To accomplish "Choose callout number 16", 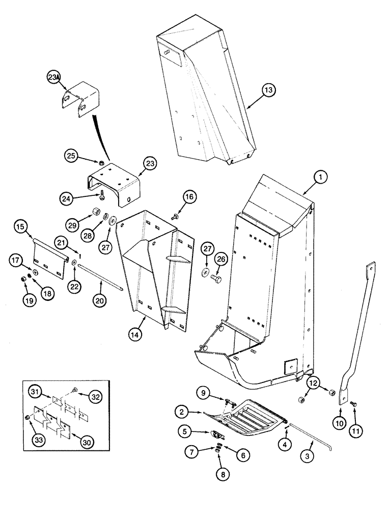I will (189, 197).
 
